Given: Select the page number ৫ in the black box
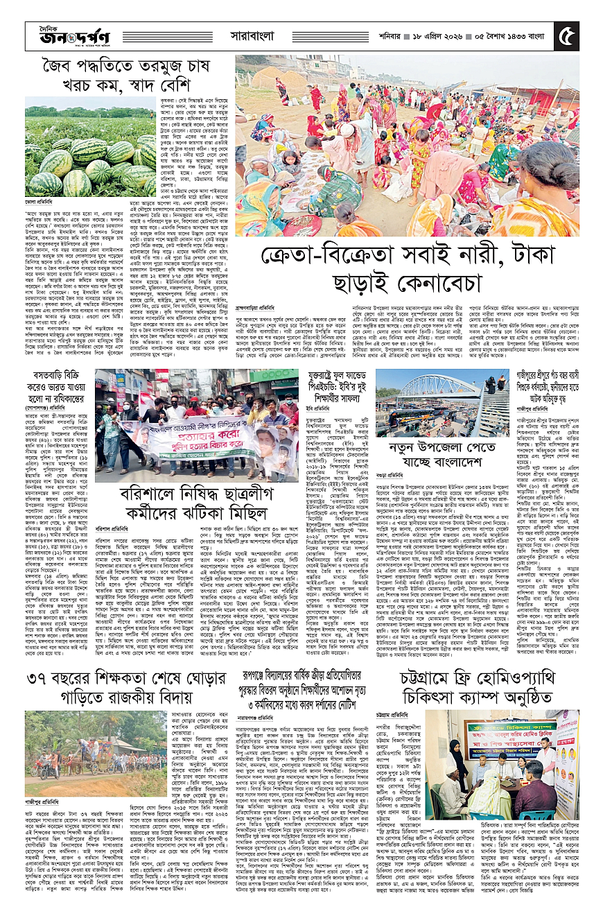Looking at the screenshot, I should (566, 33).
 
